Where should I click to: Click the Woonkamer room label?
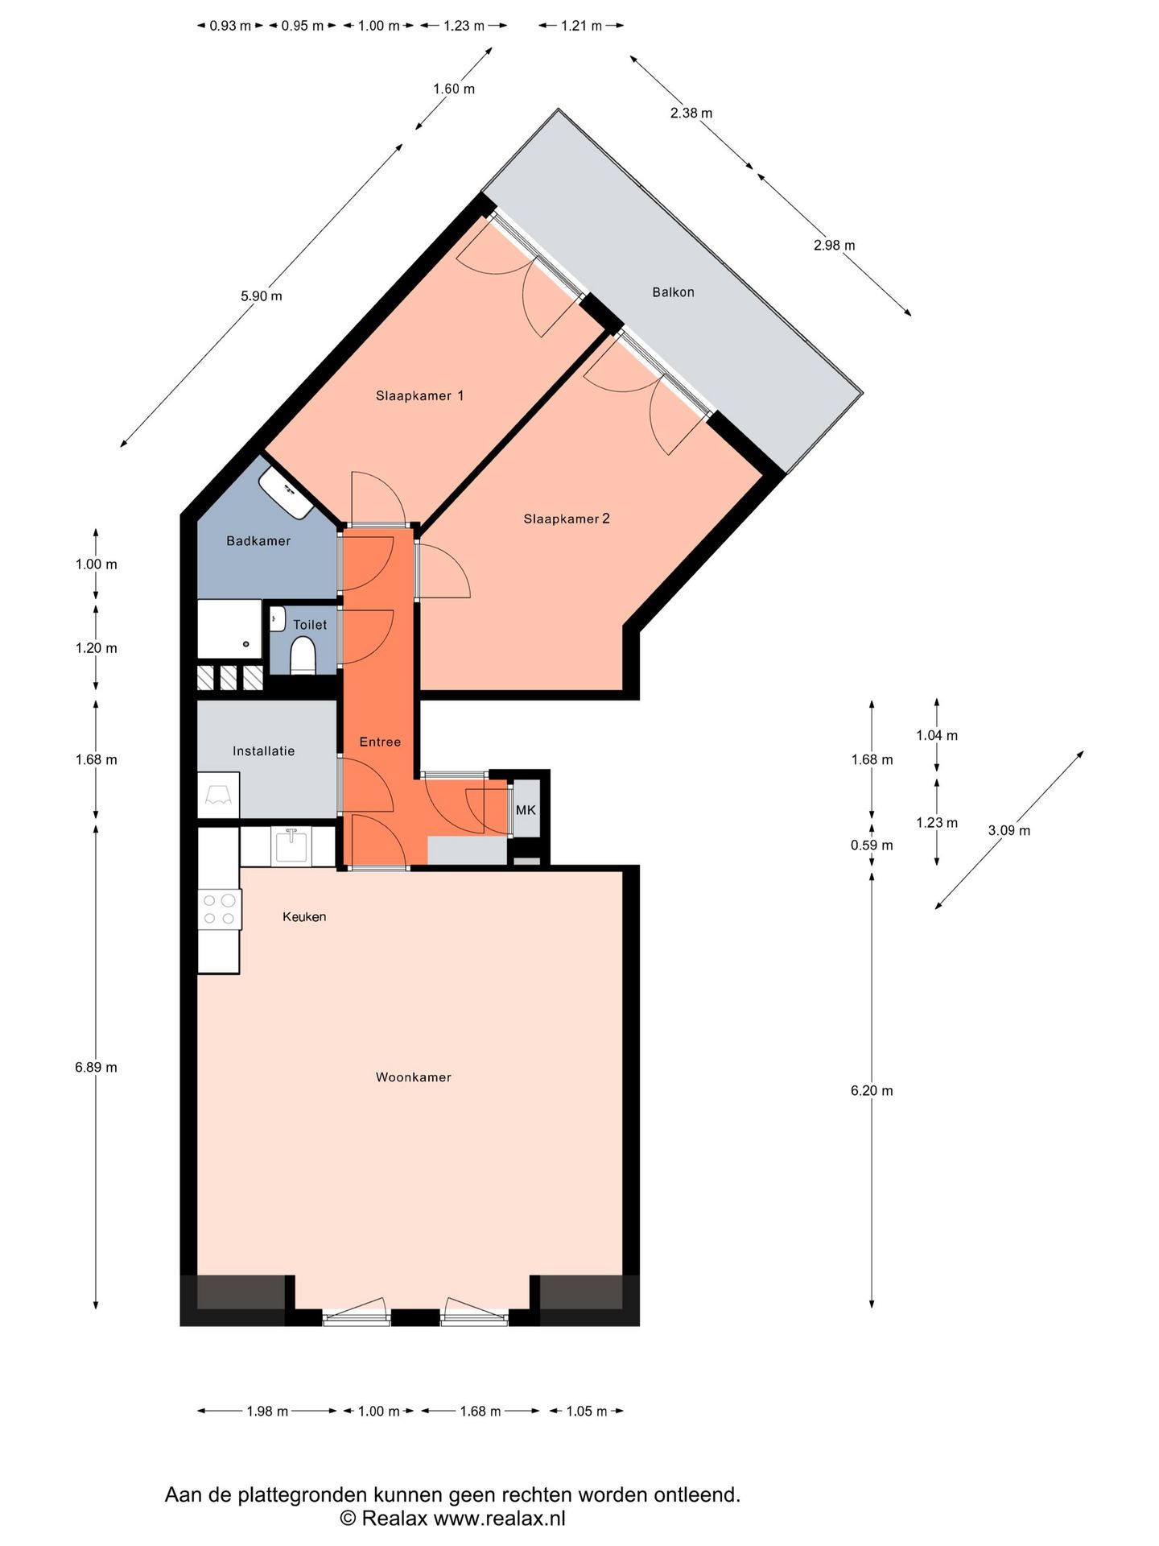coord(413,1077)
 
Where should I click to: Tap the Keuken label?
coord(304,916)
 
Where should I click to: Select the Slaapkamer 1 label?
coord(419,395)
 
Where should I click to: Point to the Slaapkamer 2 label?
coord(567,519)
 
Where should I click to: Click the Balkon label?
coord(673,292)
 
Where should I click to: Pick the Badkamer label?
coord(258,541)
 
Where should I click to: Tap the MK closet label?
coord(526,810)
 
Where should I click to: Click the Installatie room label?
coord(263,751)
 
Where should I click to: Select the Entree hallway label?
coord(380,742)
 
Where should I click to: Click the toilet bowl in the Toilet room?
coord(303,654)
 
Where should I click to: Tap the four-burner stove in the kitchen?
coord(219,909)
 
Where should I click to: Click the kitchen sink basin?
coord(291,846)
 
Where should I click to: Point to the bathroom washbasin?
coord(287,494)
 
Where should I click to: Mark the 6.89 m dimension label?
coord(96,1068)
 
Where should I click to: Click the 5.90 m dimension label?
coord(262,296)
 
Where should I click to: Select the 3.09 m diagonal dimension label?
coord(1008,831)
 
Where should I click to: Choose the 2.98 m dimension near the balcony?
coord(834,246)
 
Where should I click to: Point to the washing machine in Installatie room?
coord(219,796)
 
